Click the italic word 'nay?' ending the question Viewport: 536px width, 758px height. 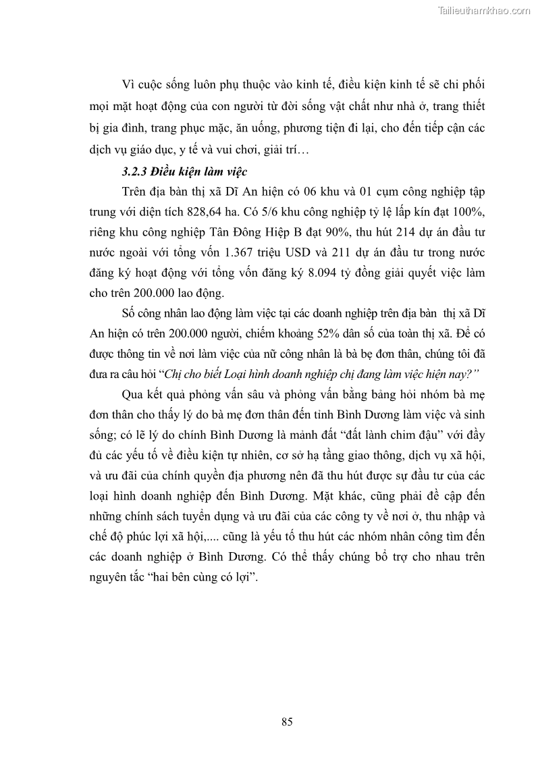point(454,374)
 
